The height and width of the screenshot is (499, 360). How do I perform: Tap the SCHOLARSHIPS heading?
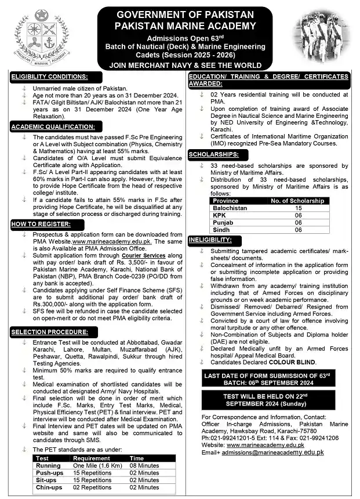tap(213, 155)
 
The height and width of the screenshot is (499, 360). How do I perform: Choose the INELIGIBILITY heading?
tap(213, 239)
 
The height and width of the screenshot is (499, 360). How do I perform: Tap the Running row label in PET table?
tap(48, 465)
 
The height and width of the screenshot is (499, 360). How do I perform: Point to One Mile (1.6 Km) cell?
tap(96, 465)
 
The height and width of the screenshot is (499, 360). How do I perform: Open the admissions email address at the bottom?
tap(274, 451)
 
